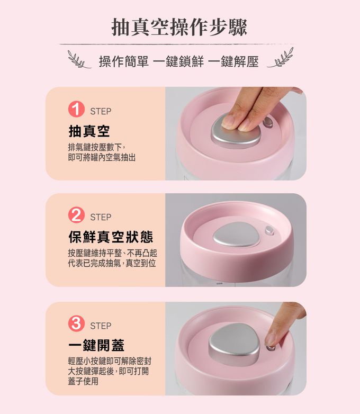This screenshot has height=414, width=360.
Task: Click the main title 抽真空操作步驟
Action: coord(179,27)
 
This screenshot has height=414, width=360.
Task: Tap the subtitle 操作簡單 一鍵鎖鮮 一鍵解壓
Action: coord(179,62)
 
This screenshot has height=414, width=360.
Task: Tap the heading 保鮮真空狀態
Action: coord(111,236)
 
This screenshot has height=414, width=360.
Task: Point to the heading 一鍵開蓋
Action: coord(96,345)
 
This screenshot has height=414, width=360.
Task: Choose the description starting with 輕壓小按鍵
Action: coord(110,371)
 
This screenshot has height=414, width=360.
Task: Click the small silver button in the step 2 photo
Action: coord(270,230)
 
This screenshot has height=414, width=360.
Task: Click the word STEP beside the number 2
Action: coord(101,217)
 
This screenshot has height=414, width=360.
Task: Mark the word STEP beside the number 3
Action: coord(101,325)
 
